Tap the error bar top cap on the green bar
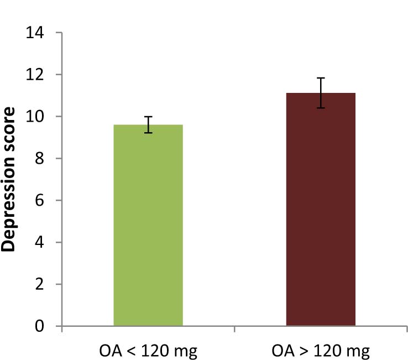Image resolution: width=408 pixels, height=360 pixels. [148, 117]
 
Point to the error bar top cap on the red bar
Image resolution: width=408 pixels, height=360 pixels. [321, 78]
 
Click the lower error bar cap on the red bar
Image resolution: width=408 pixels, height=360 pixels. [321, 108]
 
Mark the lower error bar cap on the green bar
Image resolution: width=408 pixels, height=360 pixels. [148, 133]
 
